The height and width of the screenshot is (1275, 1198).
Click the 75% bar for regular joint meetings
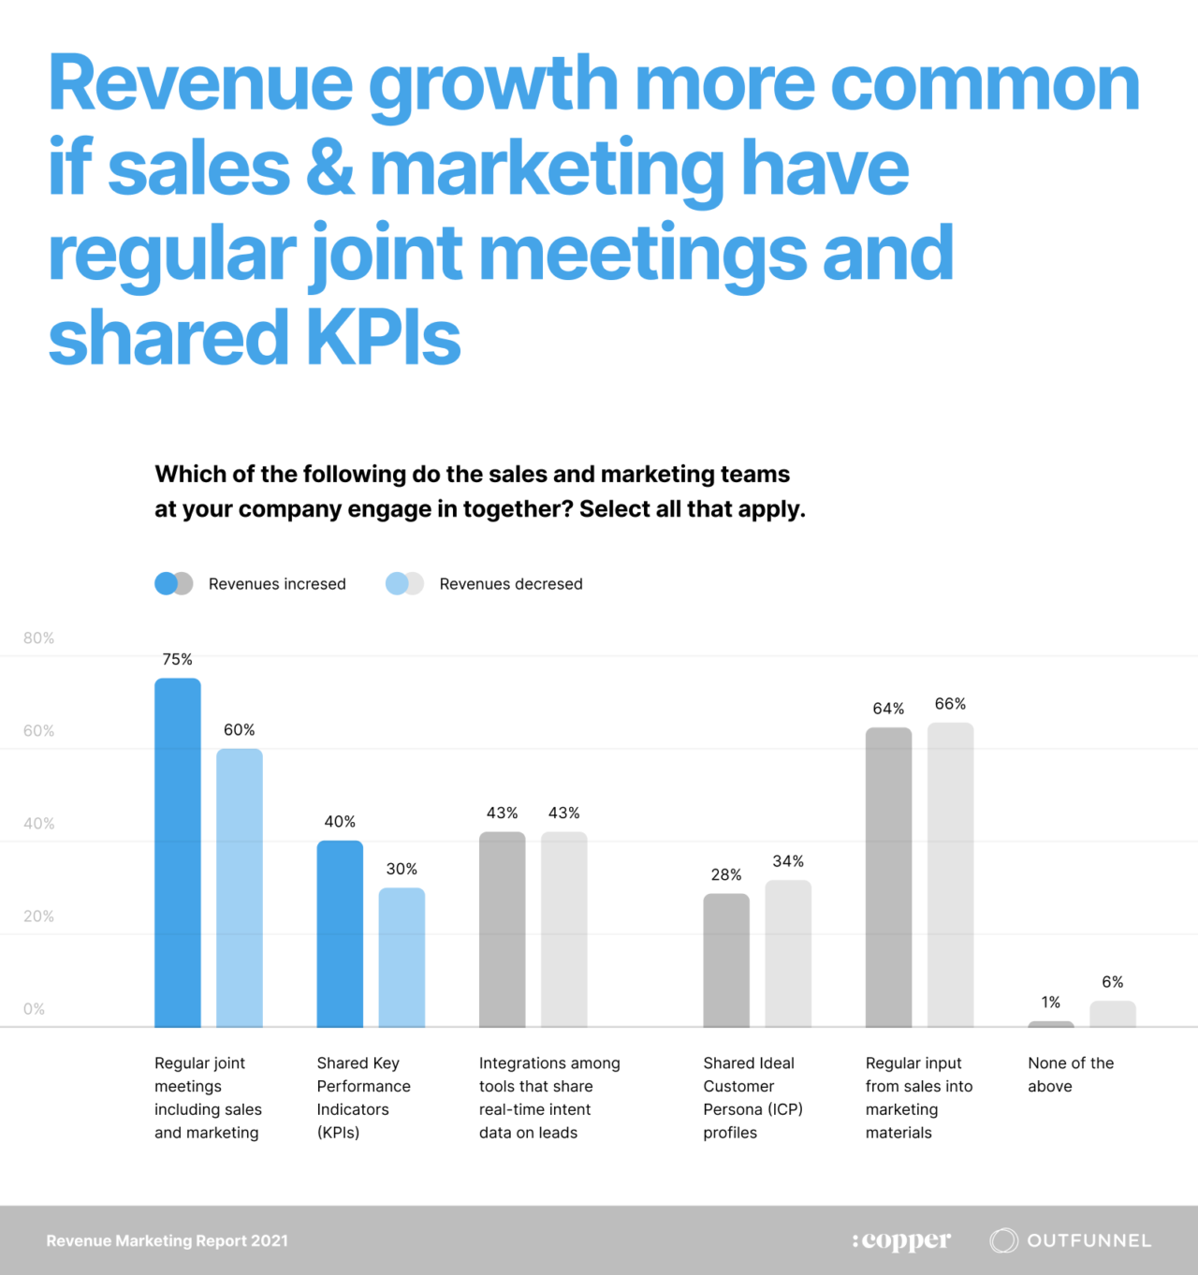click(x=178, y=852)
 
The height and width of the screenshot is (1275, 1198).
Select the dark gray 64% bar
click(x=888, y=877)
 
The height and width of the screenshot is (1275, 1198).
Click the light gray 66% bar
click(x=950, y=874)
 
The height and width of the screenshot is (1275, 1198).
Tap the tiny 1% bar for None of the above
click(x=1051, y=1024)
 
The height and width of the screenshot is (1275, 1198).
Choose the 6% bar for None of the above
click(x=1113, y=1014)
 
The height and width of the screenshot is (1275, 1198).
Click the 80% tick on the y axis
click(x=39, y=638)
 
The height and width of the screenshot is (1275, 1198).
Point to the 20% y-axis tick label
click(x=39, y=916)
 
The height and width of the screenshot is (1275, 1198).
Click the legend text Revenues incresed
click(x=277, y=584)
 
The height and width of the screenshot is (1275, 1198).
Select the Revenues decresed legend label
click(x=511, y=584)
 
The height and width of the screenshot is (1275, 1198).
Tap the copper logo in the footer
click(x=901, y=1240)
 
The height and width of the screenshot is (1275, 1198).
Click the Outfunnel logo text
click(x=1089, y=1240)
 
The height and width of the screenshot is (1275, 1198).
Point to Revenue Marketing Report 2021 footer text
click(x=168, y=1241)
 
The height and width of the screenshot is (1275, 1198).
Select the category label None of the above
click(x=1071, y=1075)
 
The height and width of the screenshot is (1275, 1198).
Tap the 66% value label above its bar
click(x=950, y=704)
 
